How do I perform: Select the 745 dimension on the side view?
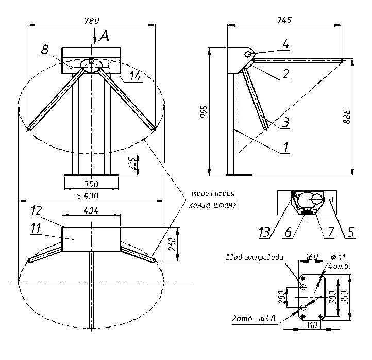(x=284, y=20)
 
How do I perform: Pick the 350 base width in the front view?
(x=91, y=183)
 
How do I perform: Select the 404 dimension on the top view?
(x=91, y=210)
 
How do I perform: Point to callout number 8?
(x=45, y=50)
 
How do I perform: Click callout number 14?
(x=135, y=76)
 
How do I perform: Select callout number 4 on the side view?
(x=285, y=45)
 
